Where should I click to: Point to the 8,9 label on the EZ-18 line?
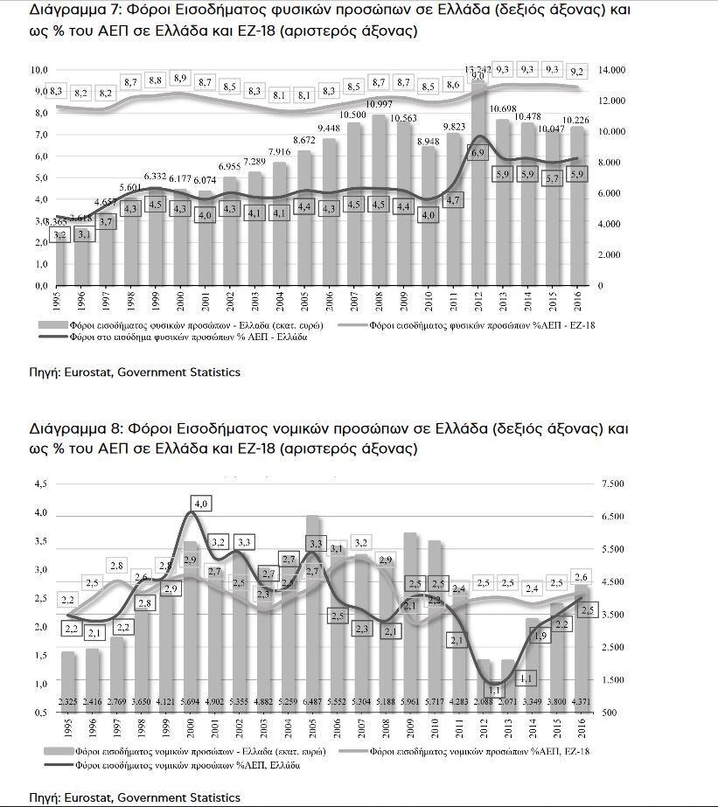click(x=180, y=78)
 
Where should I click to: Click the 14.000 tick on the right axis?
click(x=610, y=69)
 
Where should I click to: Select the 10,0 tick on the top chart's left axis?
click(x=38, y=69)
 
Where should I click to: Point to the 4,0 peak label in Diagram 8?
click(x=201, y=504)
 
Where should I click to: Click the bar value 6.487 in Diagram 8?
click(x=313, y=700)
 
